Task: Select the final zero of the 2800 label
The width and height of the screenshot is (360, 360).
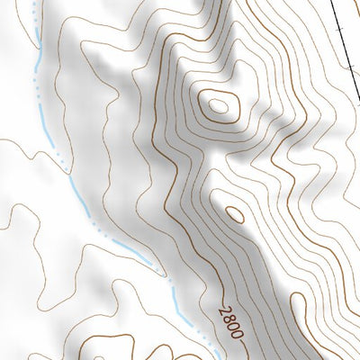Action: pyautogui.click(x=237, y=336)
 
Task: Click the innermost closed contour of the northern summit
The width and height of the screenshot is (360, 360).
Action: pyautogui.click(x=218, y=106)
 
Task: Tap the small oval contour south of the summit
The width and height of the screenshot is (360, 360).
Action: pyautogui.click(x=232, y=214)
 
